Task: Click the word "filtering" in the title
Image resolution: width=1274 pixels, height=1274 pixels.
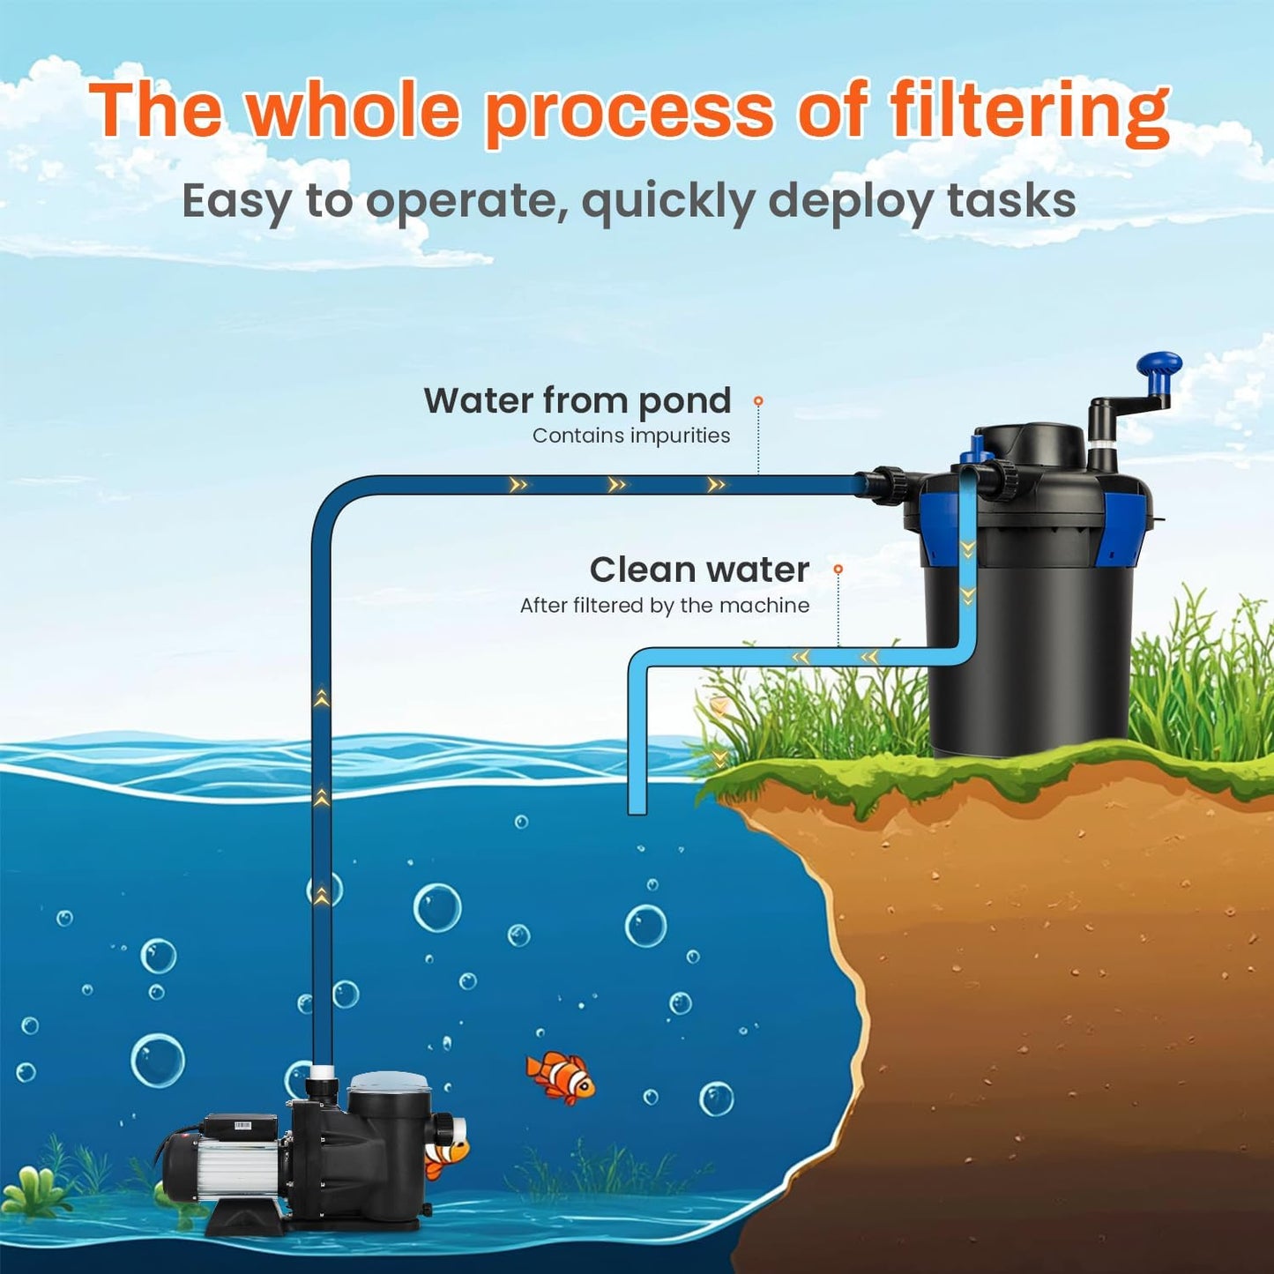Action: point(1029,112)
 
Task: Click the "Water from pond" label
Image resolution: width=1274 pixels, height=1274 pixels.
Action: point(577,400)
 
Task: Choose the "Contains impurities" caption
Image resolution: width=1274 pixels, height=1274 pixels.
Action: point(630,436)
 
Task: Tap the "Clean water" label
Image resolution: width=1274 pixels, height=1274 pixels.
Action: point(699,570)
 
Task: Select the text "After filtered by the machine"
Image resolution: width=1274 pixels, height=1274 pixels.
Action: point(664,606)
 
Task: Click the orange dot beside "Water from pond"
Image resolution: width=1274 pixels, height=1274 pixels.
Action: point(757,401)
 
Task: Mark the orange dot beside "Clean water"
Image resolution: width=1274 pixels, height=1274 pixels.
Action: point(838,570)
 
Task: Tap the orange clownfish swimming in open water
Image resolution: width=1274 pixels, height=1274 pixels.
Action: point(561,1076)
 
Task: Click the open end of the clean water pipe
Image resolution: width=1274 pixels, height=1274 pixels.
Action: point(637,807)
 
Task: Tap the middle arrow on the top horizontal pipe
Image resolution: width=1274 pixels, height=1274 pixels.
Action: point(617,485)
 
